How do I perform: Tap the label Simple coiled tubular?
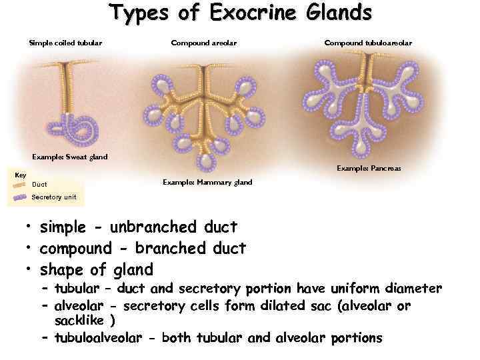click(x=65, y=43)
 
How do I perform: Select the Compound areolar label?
click(x=203, y=43)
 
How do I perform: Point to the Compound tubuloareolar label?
click(x=368, y=43)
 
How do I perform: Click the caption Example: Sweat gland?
click(x=70, y=157)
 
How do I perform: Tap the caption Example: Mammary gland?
click(x=207, y=182)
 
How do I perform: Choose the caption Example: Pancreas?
click(x=369, y=168)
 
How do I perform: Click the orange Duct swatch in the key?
click(x=19, y=184)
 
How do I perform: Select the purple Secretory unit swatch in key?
click(x=20, y=197)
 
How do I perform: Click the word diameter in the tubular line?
click(x=414, y=289)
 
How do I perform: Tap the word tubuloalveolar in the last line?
click(x=98, y=338)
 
